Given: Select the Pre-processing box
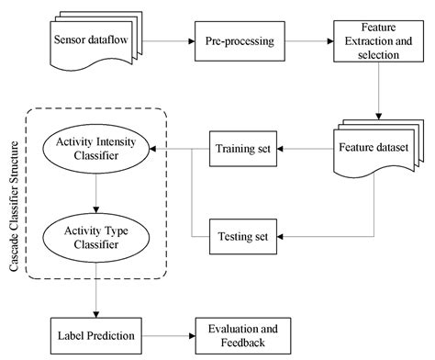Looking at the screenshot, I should tap(235, 42).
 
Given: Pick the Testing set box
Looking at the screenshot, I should tap(242, 236).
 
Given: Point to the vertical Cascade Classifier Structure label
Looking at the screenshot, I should tap(14, 193).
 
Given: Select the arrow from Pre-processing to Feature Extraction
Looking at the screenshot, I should tap(303, 42).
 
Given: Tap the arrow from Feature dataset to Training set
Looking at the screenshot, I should tap(307, 149).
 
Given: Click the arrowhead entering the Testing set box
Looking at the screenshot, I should tap(280, 236).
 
